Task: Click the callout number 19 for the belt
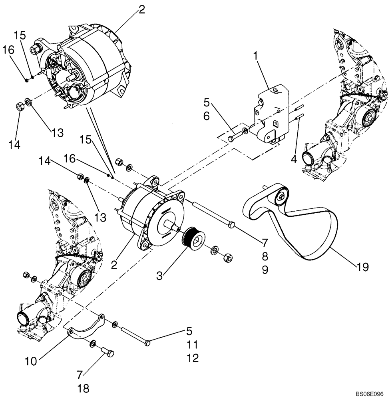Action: [x=362, y=266]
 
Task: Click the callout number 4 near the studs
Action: [x=294, y=159]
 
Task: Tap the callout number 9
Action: [x=265, y=270]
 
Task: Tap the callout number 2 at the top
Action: [x=141, y=10]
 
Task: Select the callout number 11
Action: [x=193, y=344]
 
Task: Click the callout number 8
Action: [x=265, y=256]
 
